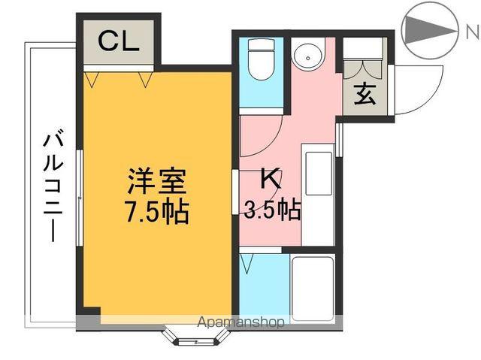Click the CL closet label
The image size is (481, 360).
[x=119, y=42]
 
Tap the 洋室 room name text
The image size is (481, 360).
[x=156, y=182]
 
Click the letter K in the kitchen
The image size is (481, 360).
[x=271, y=179]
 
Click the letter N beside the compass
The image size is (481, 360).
[x=470, y=32]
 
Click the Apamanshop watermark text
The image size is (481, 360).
[x=241, y=323]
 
